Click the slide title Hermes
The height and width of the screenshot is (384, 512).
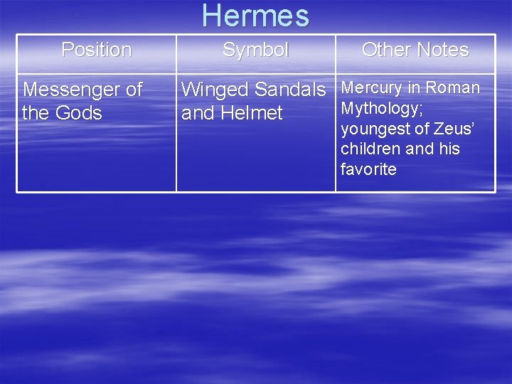(x=255, y=16)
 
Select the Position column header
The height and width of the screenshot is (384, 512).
(x=97, y=50)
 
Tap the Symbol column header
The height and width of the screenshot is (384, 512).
(x=255, y=50)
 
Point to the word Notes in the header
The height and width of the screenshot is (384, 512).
(x=444, y=50)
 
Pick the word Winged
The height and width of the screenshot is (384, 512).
(x=214, y=90)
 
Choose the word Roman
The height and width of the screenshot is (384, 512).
(x=455, y=88)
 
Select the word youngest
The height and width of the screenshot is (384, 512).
(x=374, y=129)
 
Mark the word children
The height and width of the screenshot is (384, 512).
(x=370, y=149)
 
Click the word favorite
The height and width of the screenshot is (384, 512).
(x=368, y=170)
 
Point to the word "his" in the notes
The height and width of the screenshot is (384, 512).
(x=449, y=149)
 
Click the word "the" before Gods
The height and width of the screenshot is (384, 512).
(x=35, y=113)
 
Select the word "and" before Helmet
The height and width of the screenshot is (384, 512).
(x=196, y=113)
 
